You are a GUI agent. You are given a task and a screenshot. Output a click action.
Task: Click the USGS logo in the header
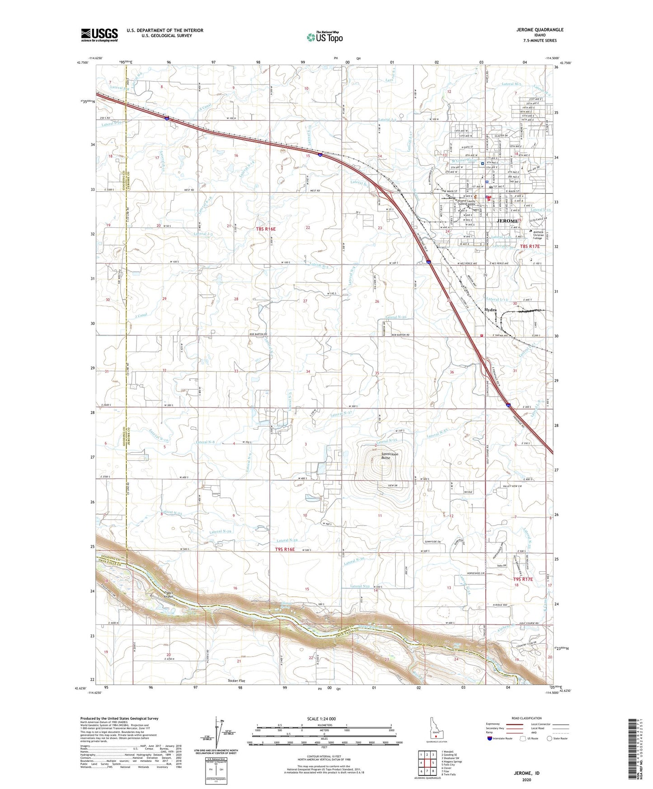[x=99, y=35]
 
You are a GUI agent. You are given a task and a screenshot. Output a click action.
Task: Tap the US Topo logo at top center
[x=324, y=37]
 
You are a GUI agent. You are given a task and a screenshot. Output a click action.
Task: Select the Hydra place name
[x=490, y=310]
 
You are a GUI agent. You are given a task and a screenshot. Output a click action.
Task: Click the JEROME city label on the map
[x=507, y=221]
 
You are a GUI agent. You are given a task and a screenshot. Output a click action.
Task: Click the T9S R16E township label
[x=285, y=549]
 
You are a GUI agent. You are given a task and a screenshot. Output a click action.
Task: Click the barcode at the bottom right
[x=634, y=748]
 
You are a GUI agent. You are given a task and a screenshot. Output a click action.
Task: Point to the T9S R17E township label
[x=523, y=579]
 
